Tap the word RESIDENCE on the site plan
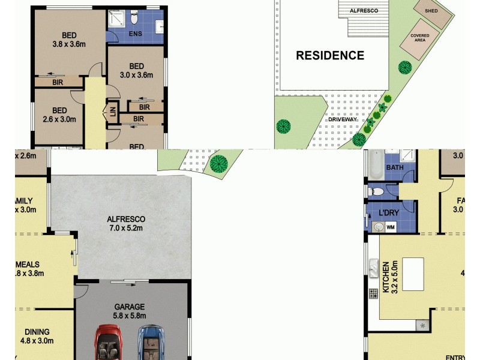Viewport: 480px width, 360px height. (330, 56)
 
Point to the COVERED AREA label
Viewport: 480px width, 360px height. (419, 38)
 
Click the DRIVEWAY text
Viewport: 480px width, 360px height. (343, 119)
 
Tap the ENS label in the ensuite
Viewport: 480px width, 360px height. (135, 34)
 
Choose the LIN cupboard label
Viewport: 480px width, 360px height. (112, 110)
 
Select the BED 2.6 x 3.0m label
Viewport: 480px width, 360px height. (59, 115)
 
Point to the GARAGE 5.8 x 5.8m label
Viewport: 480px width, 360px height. (130, 311)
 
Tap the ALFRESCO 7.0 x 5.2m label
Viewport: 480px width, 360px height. (127, 223)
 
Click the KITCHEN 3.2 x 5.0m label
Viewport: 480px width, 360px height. (390, 278)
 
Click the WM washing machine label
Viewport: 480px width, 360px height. (391, 227)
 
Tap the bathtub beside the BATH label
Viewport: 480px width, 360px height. (374, 166)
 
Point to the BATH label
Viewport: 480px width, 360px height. (394, 167)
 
